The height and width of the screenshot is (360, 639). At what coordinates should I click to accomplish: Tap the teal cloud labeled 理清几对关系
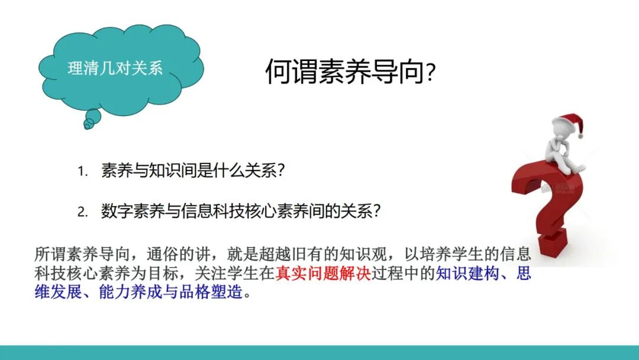[x=118, y=69]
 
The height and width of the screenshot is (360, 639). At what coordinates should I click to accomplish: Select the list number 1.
[x=82, y=172]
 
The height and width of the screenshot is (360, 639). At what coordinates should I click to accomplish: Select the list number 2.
[x=82, y=213]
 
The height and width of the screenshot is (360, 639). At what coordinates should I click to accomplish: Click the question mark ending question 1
[x=282, y=171]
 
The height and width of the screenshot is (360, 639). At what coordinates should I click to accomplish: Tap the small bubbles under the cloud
[x=89, y=121]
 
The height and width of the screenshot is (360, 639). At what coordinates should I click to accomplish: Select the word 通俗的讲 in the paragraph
[x=177, y=255]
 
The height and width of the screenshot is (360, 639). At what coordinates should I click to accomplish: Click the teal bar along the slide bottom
[x=319, y=352]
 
